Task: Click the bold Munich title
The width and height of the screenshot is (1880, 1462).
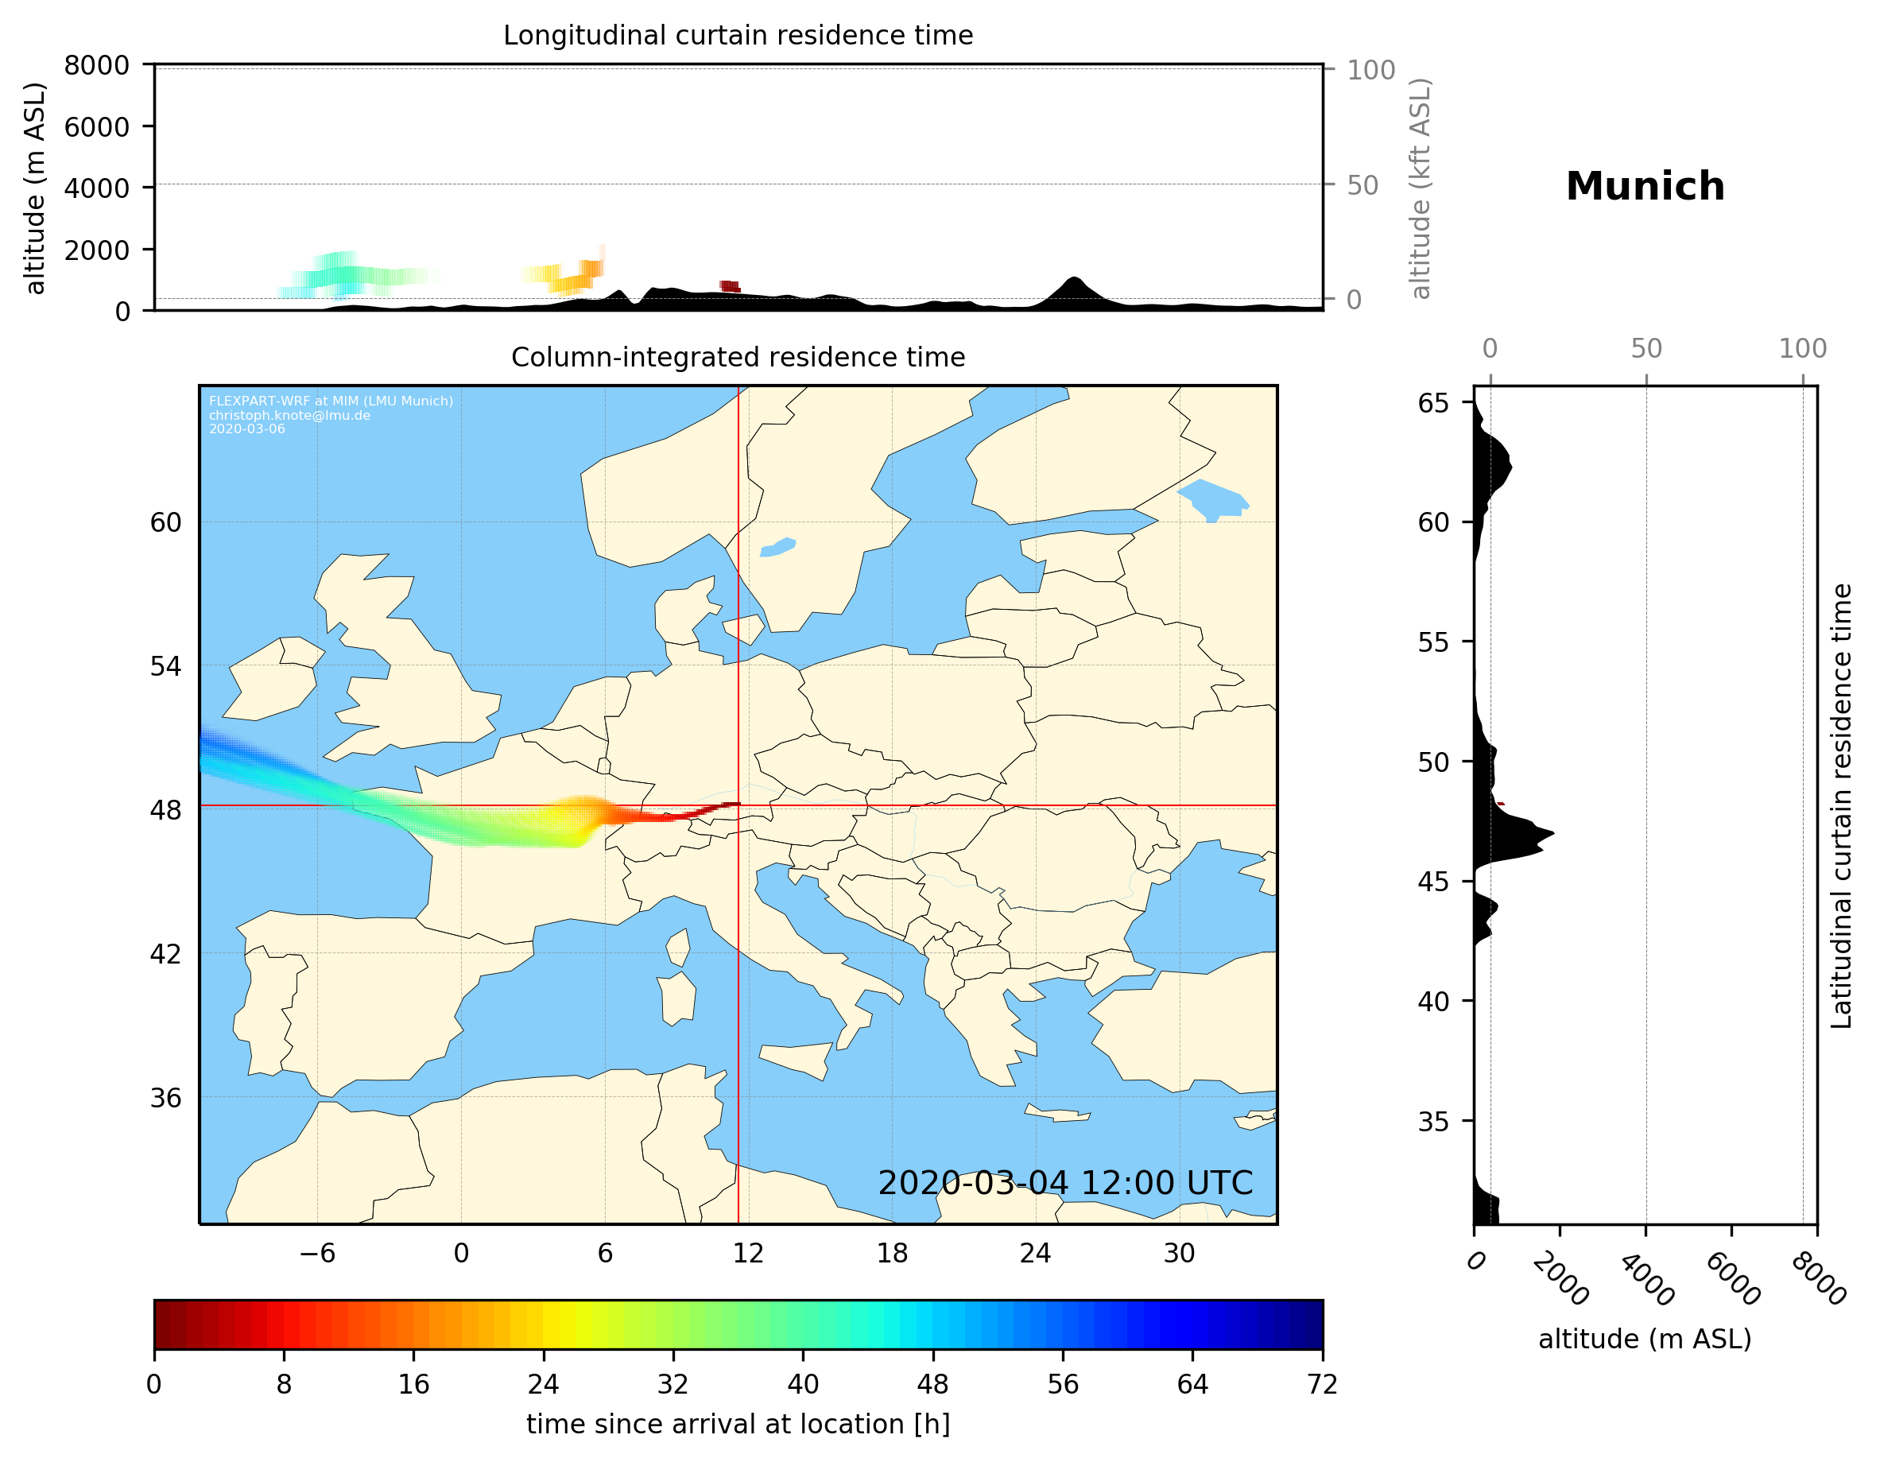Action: tap(1644, 187)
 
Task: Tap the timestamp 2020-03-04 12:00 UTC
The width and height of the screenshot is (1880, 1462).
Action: tap(1065, 1183)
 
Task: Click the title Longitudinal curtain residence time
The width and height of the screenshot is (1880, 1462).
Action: tap(738, 35)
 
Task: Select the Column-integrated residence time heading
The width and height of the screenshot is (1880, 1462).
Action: tap(738, 357)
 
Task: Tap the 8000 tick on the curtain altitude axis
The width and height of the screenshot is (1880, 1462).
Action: tap(96, 65)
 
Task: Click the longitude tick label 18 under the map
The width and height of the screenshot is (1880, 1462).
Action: tap(892, 1253)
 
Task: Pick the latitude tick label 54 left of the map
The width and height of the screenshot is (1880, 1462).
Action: tap(165, 666)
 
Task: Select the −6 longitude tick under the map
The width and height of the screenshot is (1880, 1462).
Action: tap(316, 1253)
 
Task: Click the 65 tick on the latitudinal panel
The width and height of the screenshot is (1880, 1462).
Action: tap(1433, 403)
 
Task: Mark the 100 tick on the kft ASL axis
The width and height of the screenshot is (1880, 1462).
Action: tap(1370, 70)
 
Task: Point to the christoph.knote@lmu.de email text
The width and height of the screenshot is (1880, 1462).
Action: tap(289, 415)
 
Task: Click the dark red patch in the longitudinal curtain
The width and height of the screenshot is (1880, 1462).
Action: tap(729, 286)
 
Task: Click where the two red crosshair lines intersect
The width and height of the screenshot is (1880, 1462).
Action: tap(738, 806)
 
